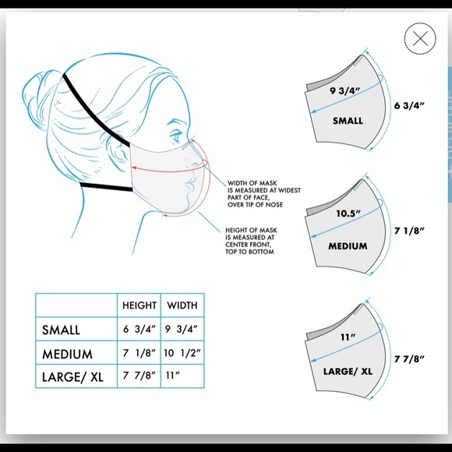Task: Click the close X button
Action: (419, 38)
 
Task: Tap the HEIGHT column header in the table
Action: (139, 305)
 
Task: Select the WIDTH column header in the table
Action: (182, 305)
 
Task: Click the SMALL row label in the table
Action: (62, 330)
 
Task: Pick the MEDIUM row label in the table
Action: (67, 353)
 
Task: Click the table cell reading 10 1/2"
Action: (182, 353)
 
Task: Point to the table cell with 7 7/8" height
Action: (139, 376)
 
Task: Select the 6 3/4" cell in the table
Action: (139, 330)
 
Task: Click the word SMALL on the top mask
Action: (348, 121)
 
